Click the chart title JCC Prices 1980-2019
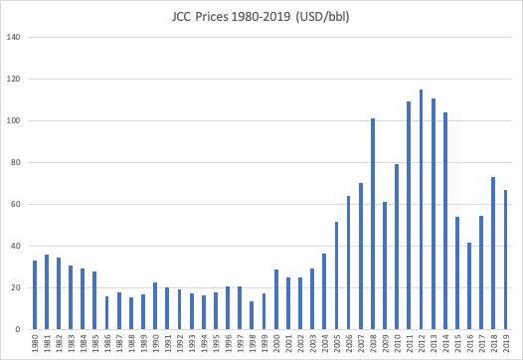pyautogui.click(x=231, y=17)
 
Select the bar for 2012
pyautogui.click(x=421, y=210)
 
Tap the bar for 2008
pyautogui.click(x=373, y=224)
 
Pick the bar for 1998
pyautogui.click(x=252, y=315)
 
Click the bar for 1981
pyautogui.click(x=47, y=292)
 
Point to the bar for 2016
pyautogui.click(x=469, y=286)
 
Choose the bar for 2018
pyautogui.click(x=493, y=254)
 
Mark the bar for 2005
pyautogui.click(x=336, y=275)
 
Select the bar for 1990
pyautogui.click(x=155, y=306)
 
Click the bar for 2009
pyautogui.click(x=385, y=266)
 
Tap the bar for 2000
pyautogui.click(x=276, y=299)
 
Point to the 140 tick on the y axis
pyautogui.click(x=13, y=37)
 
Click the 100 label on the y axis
pyautogui.click(x=13, y=120)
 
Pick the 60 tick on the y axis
pyautogui.click(x=16, y=204)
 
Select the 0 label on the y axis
pyautogui.click(x=18, y=329)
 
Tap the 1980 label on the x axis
pyautogui.click(x=35, y=343)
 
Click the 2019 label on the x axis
pyautogui.click(x=506, y=343)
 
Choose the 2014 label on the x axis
pyautogui.click(x=445, y=343)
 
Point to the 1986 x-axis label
pyautogui.click(x=107, y=343)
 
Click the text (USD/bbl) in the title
pyautogui.click(x=322, y=17)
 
